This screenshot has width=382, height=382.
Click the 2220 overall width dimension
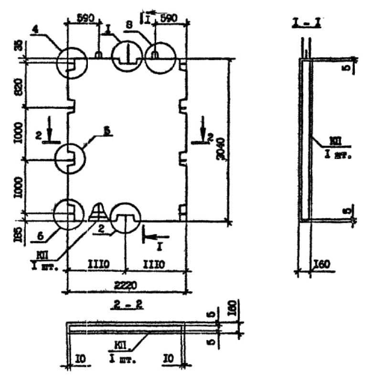coord(126,285)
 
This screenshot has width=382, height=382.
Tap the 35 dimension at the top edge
coord(18,46)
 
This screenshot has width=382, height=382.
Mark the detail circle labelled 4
coord(72,63)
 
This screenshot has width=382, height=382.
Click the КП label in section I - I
coord(334,140)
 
